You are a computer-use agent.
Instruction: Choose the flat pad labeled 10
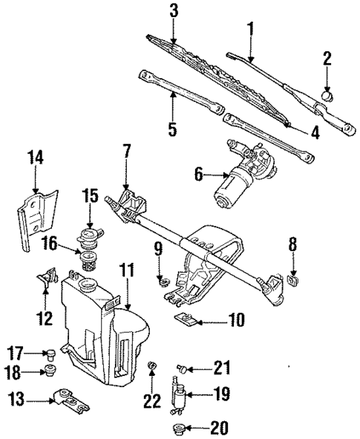tap(186, 321)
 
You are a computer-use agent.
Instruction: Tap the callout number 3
tap(173, 12)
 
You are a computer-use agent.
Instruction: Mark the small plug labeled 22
tap(153, 365)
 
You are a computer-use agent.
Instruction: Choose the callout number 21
tap(221, 367)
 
